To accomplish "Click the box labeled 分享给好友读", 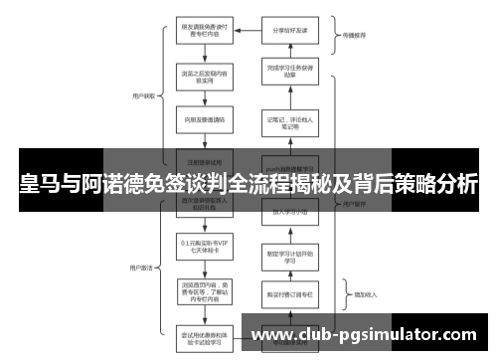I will coord(291,30).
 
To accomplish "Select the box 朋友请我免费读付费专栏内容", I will coord(206,30).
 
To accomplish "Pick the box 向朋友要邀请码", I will coord(206,117).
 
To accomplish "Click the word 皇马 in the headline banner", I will coord(37,185).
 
